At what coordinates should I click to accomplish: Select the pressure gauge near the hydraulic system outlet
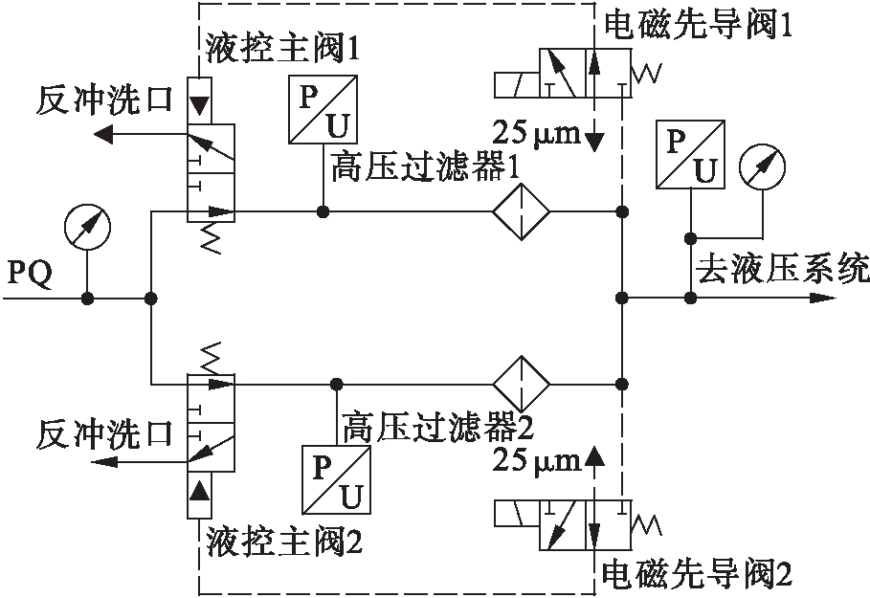coord(763,167)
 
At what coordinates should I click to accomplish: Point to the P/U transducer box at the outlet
coord(689,154)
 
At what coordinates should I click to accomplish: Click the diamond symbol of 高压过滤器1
coord(521,210)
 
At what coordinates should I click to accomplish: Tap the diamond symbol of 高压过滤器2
coord(521,383)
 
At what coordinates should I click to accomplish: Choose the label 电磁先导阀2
coord(696,574)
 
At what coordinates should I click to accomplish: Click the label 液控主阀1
coord(282,48)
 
